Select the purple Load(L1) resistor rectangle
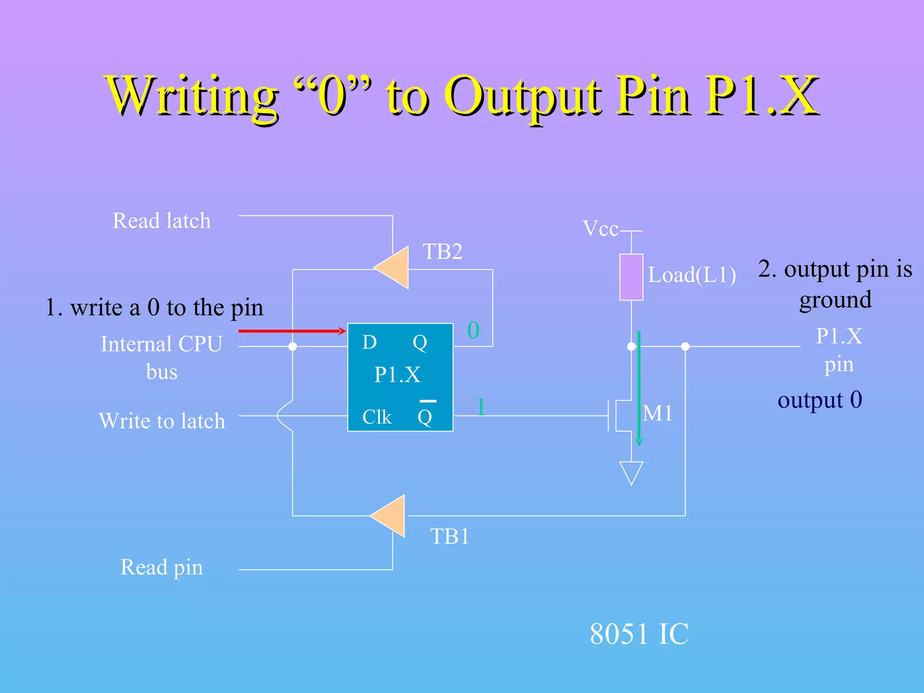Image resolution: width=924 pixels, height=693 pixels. click(631, 277)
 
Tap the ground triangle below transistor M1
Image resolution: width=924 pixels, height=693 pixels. click(631, 471)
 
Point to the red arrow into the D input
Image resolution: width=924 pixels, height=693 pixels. click(292, 331)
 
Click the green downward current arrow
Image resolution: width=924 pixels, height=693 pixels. click(639, 388)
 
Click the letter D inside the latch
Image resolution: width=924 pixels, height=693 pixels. click(370, 342)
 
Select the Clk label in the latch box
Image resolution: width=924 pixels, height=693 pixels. click(377, 417)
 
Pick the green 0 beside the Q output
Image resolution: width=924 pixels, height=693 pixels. click(473, 330)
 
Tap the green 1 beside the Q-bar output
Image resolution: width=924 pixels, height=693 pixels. click(481, 407)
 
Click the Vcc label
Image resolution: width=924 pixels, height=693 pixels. click(600, 229)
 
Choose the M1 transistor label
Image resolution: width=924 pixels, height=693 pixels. click(657, 413)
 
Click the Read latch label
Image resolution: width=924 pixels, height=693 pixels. click(162, 221)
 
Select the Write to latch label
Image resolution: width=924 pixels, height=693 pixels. click(162, 421)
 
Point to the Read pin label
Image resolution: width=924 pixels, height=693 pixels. click(162, 568)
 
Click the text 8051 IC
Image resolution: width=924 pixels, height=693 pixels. click(639, 634)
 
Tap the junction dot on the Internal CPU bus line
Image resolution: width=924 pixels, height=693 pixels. click(292, 346)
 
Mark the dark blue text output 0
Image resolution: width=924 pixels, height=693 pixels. click(820, 400)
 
